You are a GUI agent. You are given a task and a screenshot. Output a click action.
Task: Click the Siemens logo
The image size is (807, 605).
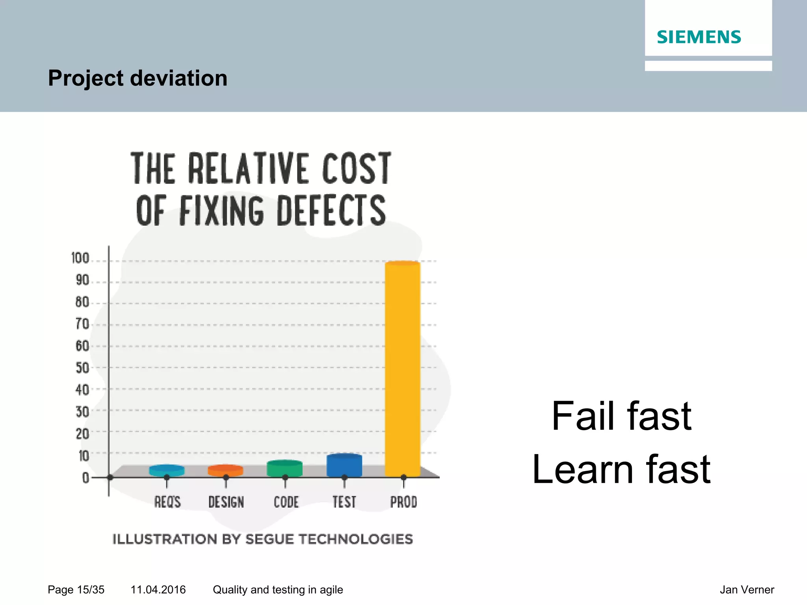(x=699, y=37)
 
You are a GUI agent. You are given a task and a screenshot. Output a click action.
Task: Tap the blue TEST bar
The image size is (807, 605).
(x=344, y=465)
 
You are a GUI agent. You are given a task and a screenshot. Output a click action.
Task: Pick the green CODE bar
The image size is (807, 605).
(x=284, y=468)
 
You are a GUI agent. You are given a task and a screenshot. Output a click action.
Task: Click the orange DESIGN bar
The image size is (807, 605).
(x=225, y=470)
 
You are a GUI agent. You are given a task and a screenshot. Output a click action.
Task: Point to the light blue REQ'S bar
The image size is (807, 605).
(x=167, y=470)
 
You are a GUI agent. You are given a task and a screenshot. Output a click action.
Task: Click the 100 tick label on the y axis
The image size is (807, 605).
(x=80, y=258)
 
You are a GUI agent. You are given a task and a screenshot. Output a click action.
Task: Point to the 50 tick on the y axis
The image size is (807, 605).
(x=82, y=368)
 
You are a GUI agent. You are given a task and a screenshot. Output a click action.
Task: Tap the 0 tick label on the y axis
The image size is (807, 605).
(x=86, y=478)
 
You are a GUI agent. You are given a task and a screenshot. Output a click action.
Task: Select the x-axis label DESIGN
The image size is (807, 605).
(x=226, y=502)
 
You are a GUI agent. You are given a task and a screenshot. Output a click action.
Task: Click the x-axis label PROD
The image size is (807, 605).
(x=403, y=502)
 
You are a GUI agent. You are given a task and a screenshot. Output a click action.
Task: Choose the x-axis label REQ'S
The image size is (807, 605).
(x=167, y=502)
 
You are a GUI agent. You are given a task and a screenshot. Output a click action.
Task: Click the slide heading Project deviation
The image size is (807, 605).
(x=138, y=78)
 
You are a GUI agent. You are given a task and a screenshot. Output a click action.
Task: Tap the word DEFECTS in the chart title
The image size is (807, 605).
(x=331, y=211)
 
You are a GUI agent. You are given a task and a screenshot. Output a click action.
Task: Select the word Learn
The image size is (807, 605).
(x=582, y=470)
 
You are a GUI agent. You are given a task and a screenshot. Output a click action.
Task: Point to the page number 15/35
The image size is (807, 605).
(x=91, y=590)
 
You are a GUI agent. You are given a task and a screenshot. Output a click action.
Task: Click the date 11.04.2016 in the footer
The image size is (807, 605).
(x=158, y=590)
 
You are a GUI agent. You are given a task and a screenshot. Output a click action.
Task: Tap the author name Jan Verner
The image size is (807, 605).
(x=747, y=590)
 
